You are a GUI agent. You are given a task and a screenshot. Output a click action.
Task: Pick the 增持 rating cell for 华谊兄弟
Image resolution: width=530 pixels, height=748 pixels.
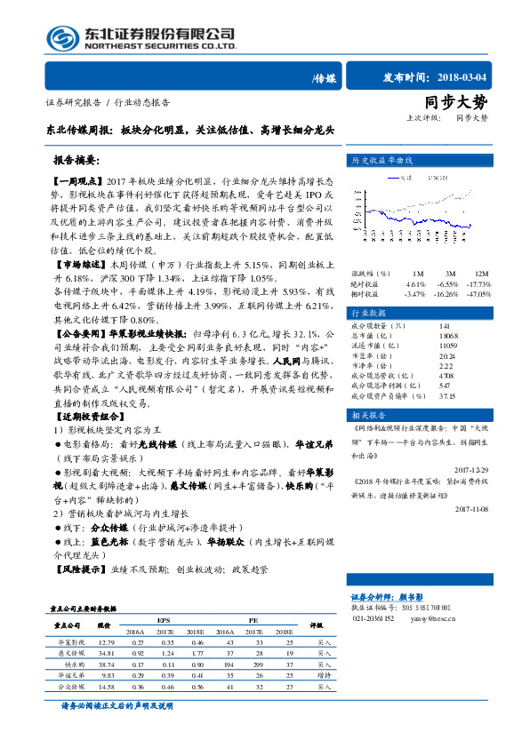(324, 674)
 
